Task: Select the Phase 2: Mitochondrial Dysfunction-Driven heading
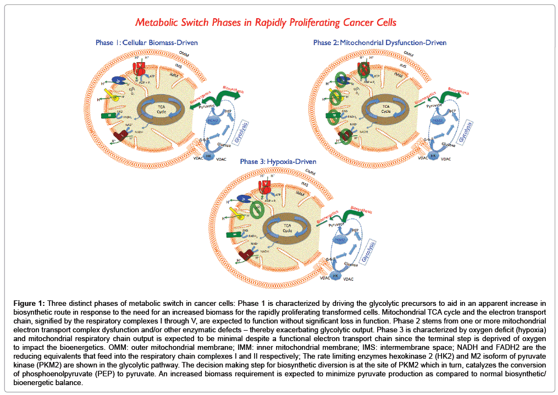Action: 379,42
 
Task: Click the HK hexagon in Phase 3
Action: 336,276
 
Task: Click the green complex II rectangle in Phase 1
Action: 108,116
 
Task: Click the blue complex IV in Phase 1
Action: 119,81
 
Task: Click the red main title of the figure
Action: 266,23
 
